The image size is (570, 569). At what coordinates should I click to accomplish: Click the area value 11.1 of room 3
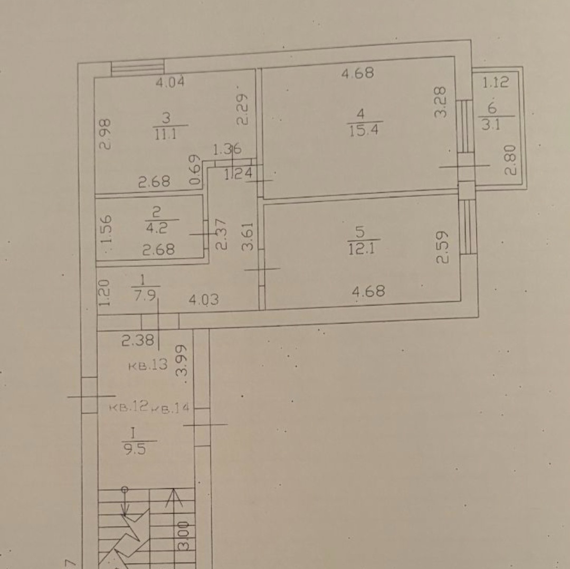click(166, 135)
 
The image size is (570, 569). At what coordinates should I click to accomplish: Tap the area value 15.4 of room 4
click(364, 130)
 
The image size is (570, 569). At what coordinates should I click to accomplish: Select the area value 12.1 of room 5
click(362, 249)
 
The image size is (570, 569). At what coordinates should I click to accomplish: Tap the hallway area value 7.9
click(145, 295)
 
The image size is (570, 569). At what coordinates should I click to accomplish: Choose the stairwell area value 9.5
click(135, 450)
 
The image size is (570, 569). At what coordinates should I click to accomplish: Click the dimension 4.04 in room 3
click(170, 82)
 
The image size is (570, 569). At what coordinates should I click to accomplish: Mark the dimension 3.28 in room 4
click(440, 102)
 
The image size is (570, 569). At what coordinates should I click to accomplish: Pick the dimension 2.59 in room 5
click(442, 247)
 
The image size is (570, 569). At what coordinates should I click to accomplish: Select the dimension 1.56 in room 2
click(106, 230)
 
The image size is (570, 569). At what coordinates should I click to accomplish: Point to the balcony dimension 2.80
click(511, 160)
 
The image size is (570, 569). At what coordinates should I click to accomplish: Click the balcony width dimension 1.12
click(496, 82)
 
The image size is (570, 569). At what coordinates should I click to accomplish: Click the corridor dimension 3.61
click(247, 236)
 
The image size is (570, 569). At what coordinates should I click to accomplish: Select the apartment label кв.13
click(148, 364)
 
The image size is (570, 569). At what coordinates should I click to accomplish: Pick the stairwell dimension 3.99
click(182, 361)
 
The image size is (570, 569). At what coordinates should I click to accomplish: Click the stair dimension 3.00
click(184, 536)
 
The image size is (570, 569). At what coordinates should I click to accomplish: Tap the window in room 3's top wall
click(137, 69)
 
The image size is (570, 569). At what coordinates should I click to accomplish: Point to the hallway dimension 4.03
click(204, 300)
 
